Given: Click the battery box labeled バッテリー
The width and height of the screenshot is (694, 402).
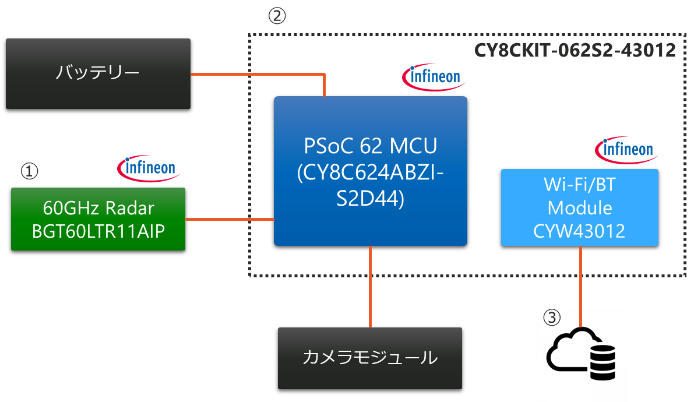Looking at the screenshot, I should [98, 73].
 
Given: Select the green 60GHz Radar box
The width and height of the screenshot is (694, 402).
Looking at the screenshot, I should [98, 218].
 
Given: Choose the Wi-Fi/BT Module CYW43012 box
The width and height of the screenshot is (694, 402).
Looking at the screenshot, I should [580, 207].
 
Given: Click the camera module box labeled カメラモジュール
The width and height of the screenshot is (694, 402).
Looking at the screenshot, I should [370, 358].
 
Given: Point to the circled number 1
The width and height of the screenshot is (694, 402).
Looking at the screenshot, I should [29, 171].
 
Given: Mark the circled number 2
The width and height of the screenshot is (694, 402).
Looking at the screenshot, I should [277, 16].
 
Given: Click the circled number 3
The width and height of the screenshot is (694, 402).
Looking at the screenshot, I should [552, 318].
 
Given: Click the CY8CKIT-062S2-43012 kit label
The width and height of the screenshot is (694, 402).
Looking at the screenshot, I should [575, 51].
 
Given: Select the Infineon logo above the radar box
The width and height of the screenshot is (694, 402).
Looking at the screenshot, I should [149, 168].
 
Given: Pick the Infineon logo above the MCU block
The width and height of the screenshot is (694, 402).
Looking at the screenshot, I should [434, 77].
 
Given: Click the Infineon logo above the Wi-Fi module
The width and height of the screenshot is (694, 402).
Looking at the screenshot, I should [627, 150].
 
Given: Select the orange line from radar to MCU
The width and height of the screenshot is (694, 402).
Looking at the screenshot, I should [230, 220].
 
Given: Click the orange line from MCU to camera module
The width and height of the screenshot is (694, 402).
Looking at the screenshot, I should [371, 285].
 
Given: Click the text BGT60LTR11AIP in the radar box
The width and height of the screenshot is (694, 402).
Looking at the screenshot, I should [98, 231].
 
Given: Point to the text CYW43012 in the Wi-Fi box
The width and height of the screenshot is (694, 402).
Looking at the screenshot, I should [579, 231].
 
